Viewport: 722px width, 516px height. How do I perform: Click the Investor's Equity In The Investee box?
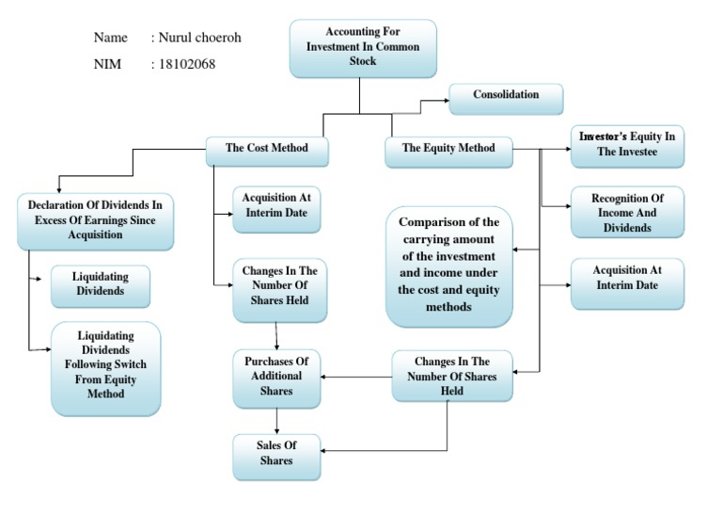[x=627, y=145]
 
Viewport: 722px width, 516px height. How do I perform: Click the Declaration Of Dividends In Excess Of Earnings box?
[x=95, y=220]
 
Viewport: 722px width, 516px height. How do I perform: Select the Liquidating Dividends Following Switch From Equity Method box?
[x=105, y=368]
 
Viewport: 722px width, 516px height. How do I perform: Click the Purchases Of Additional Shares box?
[x=275, y=377]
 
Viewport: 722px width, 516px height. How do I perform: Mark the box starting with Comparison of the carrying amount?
[x=449, y=266]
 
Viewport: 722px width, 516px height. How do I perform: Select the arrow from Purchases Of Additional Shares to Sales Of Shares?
[x=275, y=419]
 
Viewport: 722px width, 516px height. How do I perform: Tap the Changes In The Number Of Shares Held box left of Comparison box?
[x=279, y=286]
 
